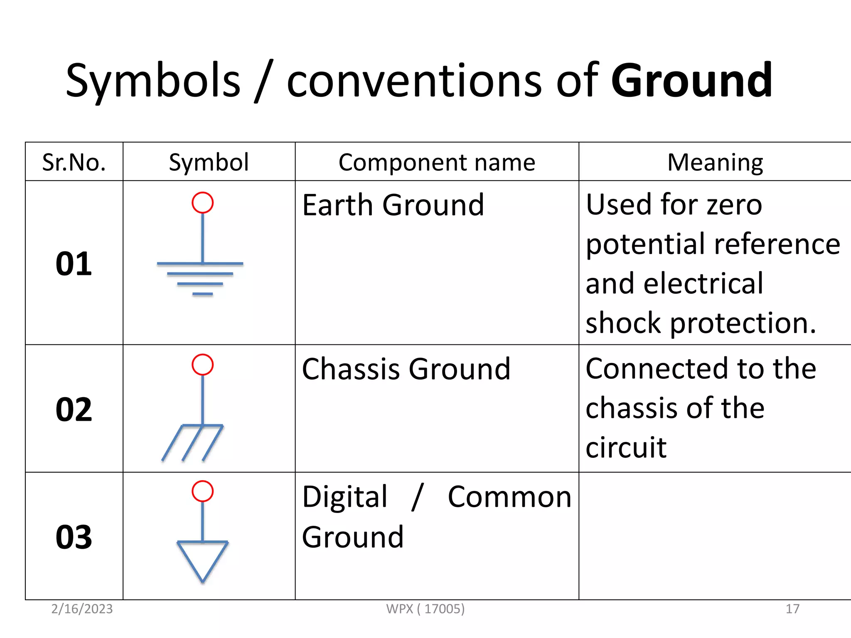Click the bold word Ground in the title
692,80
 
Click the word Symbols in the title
153,80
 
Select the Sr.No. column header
74,162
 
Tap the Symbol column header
209,162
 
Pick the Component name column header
437,162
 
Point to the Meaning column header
715,162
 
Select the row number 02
74,409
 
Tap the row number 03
74,537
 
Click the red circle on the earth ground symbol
202,203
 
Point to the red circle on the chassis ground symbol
202,365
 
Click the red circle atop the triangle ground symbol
202,491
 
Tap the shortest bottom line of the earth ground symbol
202,294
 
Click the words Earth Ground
393,205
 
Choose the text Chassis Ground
406,369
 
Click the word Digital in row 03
344,497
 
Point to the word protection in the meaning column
743,323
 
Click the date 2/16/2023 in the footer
82,609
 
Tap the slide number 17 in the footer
792,609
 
